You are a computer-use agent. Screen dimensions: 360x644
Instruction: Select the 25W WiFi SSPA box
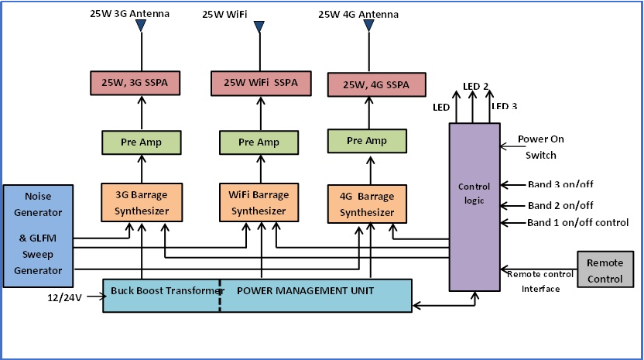tap(259, 81)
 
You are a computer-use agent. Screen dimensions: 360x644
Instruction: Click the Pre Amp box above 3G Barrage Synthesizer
tap(141, 142)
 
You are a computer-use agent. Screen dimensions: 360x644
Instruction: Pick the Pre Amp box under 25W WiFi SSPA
tap(259, 142)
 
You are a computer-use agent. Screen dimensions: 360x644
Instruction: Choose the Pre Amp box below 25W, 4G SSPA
tap(367, 141)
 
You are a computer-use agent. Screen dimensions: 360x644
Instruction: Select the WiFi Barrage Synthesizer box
tap(259, 203)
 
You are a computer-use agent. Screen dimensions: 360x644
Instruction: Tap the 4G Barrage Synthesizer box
tap(367, 205)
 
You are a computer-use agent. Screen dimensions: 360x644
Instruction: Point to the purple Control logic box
tap(474, 207)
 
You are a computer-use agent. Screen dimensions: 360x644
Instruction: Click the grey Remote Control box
tap(605, 270)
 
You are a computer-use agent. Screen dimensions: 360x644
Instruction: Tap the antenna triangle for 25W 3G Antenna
tap(141, 26)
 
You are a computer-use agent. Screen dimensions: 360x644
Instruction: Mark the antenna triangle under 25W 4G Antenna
tap(368, 26)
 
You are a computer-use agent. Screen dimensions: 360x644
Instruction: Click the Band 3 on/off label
tap(560, 184)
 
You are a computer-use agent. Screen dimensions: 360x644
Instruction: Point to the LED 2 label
tap(475, 86)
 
